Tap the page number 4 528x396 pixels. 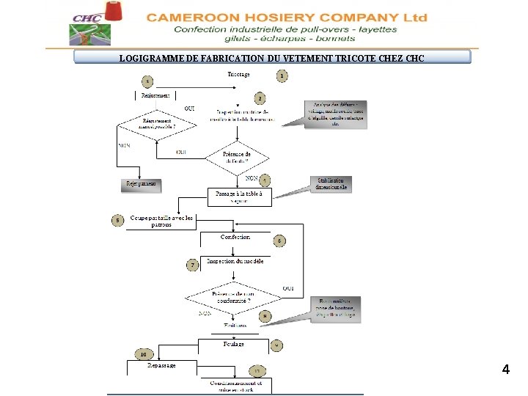[506, 370]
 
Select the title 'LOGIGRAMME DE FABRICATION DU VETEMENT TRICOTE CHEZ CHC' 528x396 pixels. [272, 58]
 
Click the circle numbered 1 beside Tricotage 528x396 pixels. [282, 76]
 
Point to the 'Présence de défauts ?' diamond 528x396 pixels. [237, 158]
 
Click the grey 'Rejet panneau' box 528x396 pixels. [141, 183]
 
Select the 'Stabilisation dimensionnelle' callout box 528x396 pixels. [331, 183]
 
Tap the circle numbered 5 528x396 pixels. [117, 219]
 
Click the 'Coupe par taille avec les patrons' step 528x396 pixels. [162, 221]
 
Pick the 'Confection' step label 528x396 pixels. [235, 237]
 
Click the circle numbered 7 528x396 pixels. [192, 265]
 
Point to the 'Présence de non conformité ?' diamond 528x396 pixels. [232, 298]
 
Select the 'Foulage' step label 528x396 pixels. [233, 343]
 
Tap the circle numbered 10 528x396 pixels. [144, 355]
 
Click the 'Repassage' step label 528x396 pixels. [161, 365]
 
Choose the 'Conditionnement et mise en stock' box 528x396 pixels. [235, 386]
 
